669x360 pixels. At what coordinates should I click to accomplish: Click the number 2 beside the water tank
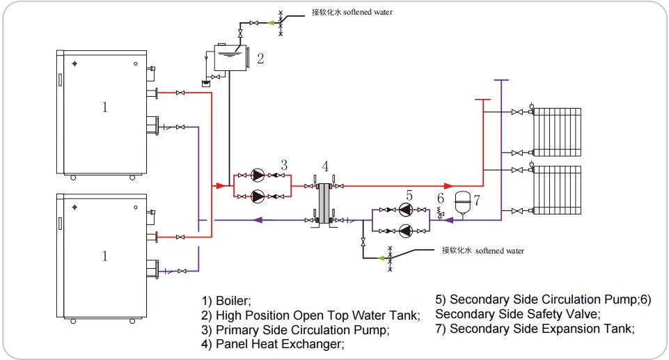coord(260,58)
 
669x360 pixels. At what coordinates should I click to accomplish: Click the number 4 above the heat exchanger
coord(325,166)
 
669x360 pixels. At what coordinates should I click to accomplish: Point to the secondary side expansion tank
coord(463,203)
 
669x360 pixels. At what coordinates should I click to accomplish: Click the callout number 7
coord(477,202)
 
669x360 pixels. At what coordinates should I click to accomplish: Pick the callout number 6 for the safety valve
coord(440,198)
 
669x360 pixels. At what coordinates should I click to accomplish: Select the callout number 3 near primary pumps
coord(284,164)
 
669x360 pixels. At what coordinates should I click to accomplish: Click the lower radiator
coord(556,190)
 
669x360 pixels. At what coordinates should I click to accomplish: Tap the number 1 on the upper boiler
coord(105,107)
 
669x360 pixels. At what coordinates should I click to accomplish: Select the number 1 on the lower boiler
coord(105,256)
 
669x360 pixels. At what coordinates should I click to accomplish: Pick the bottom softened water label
coord(483,251)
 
